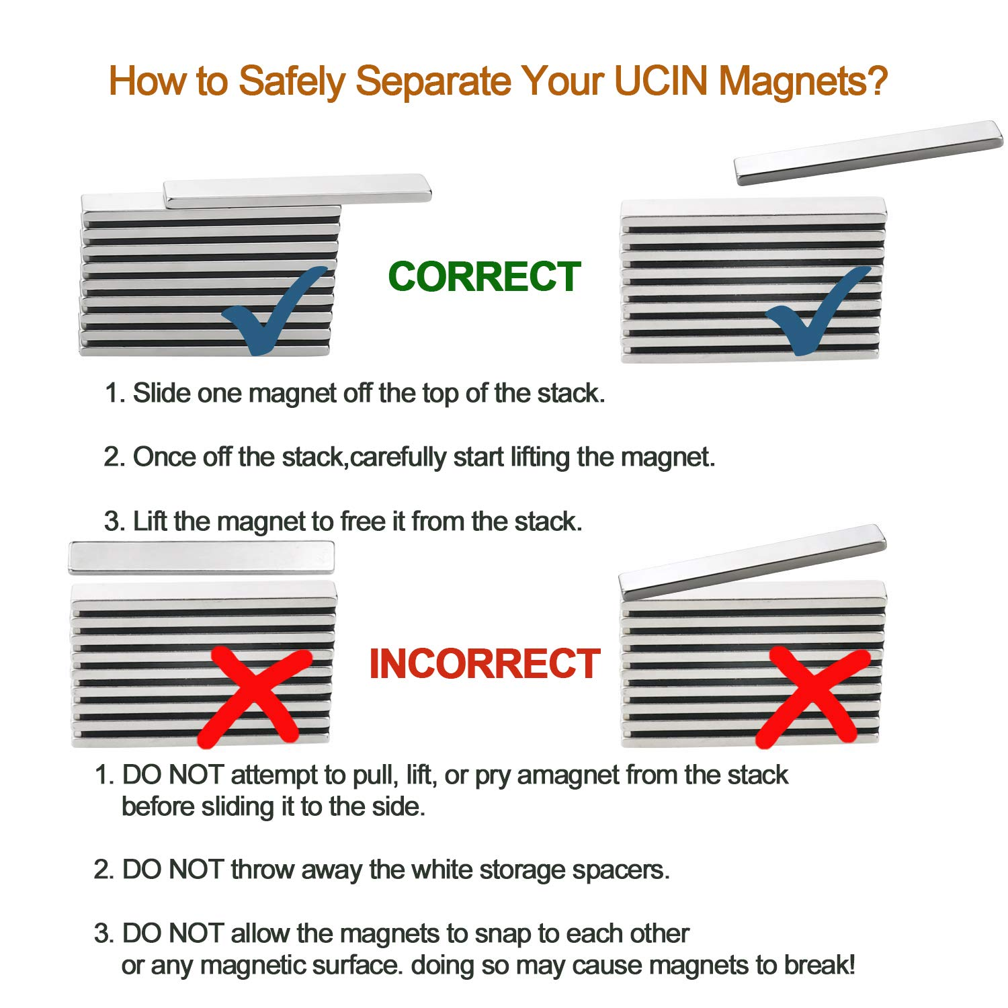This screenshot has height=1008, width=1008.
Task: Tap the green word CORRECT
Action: tap(484, 277)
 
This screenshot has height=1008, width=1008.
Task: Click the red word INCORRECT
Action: tap(484, 664)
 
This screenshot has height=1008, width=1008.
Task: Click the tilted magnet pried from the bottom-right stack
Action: tap(753, 562)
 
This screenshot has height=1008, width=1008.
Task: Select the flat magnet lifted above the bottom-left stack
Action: tap(201, 558)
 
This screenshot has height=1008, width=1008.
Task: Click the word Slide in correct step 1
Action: tap(161, 393)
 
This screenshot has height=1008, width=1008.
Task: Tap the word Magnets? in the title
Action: tap(803, 81)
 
